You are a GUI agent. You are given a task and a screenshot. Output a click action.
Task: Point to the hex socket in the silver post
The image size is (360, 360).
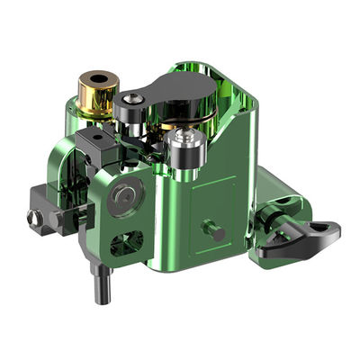[188, 136]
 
